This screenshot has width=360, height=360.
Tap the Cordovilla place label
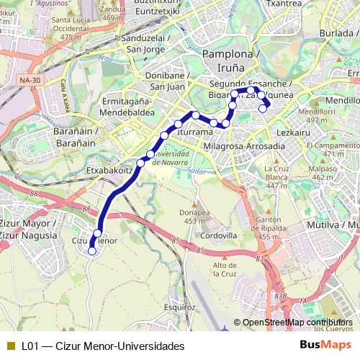click(219, 235)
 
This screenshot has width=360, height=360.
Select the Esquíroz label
click(180, 307)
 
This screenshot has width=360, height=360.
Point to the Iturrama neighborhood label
click(194, 133)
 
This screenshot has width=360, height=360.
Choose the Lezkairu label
click(292, 132)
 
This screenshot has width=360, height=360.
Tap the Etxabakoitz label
click(109, 171)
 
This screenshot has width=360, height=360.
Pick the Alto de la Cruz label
click(225, 269)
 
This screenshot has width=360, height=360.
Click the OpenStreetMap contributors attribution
click(296, 323)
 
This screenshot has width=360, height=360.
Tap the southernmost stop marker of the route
click(92, 251)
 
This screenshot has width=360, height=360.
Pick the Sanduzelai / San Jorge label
click(146, 44)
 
